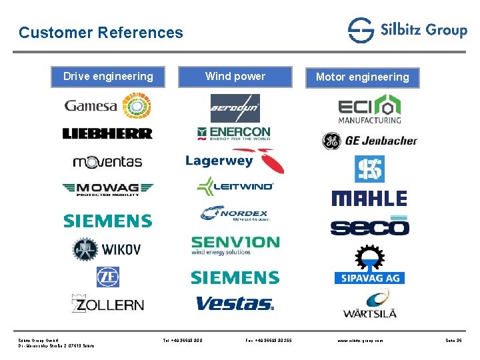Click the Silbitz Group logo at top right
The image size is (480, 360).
point(407,30)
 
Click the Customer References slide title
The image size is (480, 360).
point(101,32)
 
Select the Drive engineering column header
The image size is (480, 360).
point(108,77)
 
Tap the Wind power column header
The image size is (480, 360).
point(235,77)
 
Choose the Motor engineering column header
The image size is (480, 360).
point(362,77)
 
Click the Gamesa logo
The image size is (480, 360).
point(107,105)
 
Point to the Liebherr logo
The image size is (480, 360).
point(107,133)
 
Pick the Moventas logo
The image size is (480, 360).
point(107,161)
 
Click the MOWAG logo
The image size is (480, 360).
point(107,189)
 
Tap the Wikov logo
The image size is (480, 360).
point(107,249)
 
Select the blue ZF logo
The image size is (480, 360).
point(107,277)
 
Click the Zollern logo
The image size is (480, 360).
point(107,304)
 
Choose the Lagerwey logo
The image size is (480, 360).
point(234,161)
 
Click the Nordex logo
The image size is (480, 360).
point(234,213)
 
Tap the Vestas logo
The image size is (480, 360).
point(234,304)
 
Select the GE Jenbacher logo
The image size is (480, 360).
point(369,141)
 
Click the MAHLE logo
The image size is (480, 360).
point(369,198)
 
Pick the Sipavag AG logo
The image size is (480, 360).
point(369,266)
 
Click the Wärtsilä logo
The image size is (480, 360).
point(369,304)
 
